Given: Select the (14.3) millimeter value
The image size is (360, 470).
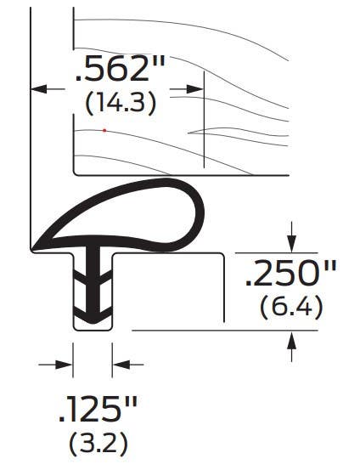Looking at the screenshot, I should [121, 104].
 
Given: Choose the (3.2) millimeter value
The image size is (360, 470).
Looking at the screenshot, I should [98, 445].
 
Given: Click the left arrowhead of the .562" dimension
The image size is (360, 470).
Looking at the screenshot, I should [38, 88].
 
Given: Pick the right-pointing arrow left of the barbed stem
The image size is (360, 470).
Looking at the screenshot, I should [65, 365].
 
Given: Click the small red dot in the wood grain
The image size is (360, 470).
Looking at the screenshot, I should [104, 130].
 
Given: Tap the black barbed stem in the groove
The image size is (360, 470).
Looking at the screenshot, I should [92, 285].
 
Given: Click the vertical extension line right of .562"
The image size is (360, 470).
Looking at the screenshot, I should [205, 127].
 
